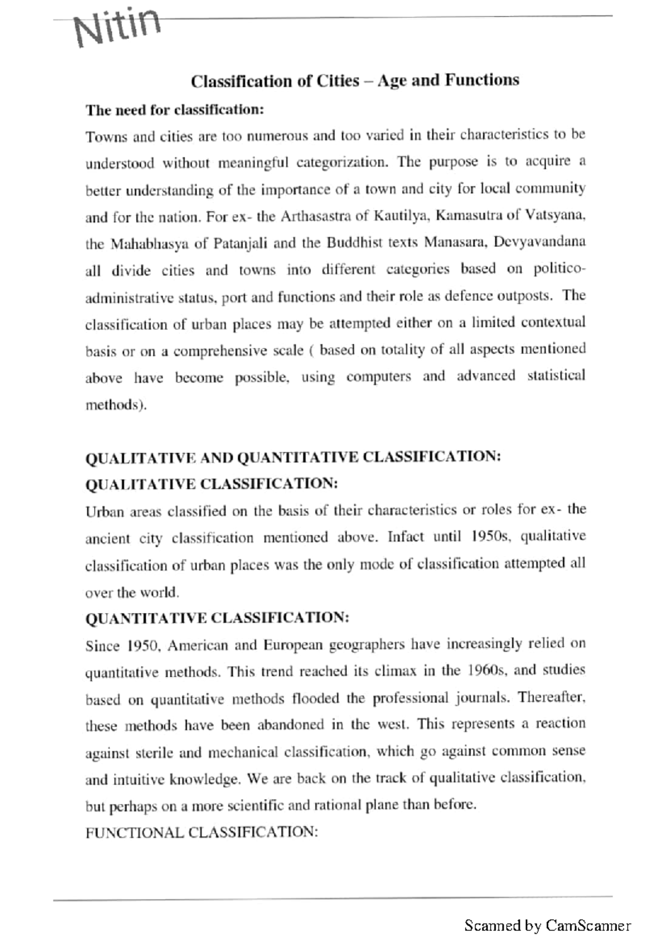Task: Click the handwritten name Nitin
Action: tap(118, 26)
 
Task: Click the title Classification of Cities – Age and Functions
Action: tap(355, 81)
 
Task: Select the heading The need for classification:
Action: tap(174, 110)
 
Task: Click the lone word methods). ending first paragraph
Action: tap(116, 404)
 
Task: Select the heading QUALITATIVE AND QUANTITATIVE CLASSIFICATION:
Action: tap(293, 457)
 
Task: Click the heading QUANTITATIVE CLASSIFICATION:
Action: tap(217, 617)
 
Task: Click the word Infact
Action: tap(406, 538)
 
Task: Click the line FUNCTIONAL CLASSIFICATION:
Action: tap(201, 832)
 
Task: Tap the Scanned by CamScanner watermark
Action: tap(547, 925)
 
